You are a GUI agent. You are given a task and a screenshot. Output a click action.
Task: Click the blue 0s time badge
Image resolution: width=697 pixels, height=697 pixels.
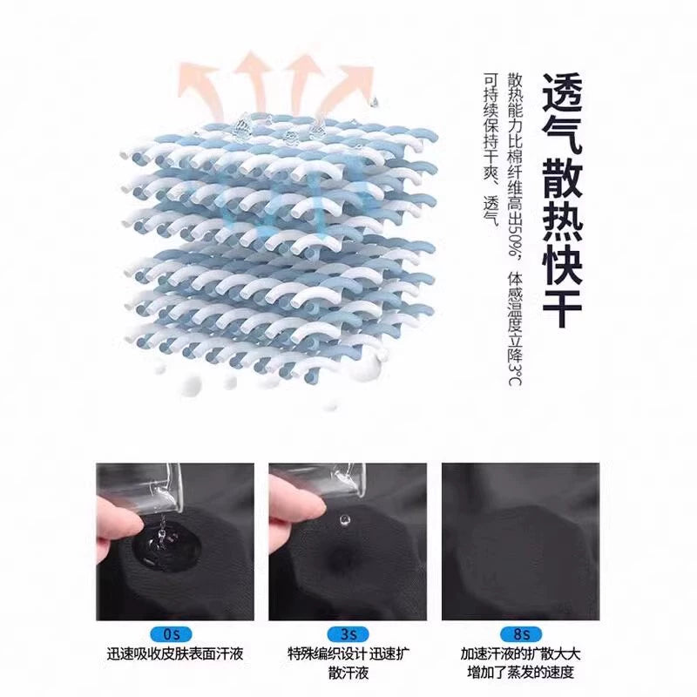172,634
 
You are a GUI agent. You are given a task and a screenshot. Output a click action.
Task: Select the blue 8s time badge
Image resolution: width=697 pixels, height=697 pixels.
520,634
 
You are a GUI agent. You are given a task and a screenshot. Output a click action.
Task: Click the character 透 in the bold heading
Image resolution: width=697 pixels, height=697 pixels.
561,94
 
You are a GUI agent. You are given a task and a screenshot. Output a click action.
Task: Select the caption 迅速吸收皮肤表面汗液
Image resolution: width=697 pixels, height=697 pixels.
175,654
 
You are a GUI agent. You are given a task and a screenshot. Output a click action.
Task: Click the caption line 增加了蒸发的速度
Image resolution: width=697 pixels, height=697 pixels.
520,673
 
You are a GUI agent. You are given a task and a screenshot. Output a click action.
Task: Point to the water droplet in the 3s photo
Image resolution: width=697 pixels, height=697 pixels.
343,519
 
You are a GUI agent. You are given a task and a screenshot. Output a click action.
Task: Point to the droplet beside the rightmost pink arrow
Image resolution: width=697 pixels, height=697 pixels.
374,102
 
